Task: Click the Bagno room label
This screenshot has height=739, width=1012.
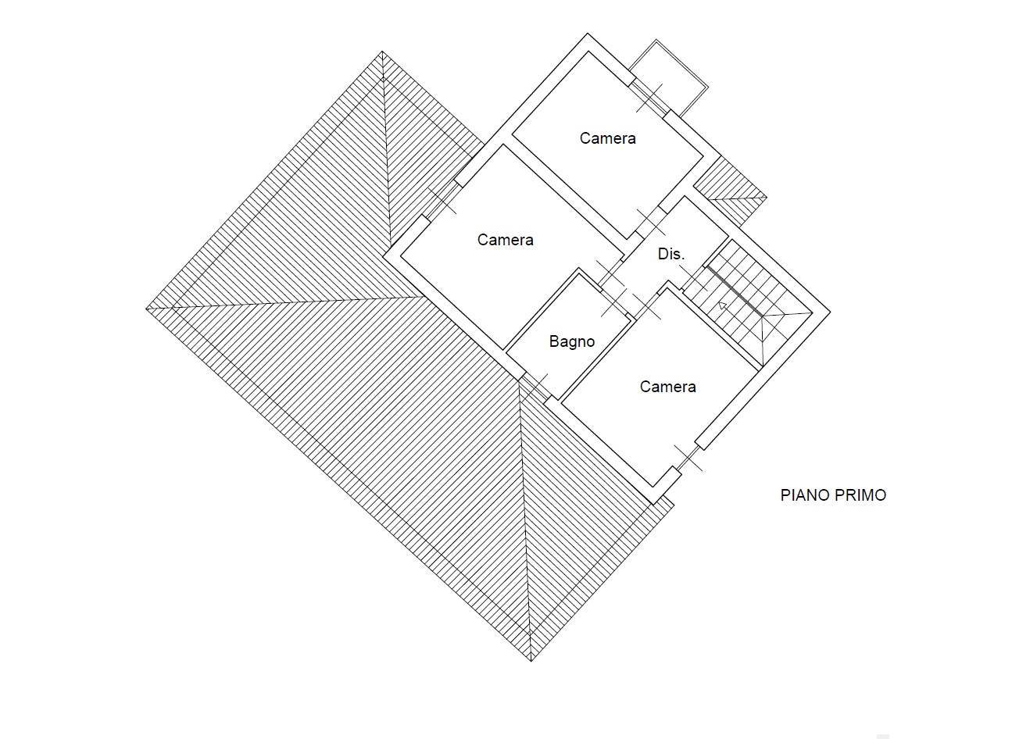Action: [x=571, y=342]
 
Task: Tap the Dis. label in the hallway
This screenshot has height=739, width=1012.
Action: [x=671, y=255]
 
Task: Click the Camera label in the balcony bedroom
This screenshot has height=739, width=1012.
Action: [x=608, y=138]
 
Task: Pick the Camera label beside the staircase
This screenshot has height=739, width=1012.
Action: [x=667, y=387]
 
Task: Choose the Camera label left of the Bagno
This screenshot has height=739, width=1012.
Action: [x=505, y=240]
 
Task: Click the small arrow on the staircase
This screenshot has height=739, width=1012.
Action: [x=723, y=305]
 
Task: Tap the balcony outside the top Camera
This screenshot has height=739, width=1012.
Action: [x=669, y=77]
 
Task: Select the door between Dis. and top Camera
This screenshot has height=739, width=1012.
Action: [x=651, y=223]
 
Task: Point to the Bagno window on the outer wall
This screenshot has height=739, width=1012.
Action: [x=535, y=387]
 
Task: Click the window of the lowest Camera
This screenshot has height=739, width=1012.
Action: [x=688, y=458]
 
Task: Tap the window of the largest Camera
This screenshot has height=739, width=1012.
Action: [x=442, y=200]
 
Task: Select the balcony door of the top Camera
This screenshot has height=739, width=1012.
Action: [x=649, y=98]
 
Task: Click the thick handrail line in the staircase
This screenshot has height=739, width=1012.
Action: [x=735, y=291]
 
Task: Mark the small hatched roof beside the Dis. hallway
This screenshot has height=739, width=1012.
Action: [x=730, y=192]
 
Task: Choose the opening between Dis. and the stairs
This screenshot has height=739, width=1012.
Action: [x=694, y=279]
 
